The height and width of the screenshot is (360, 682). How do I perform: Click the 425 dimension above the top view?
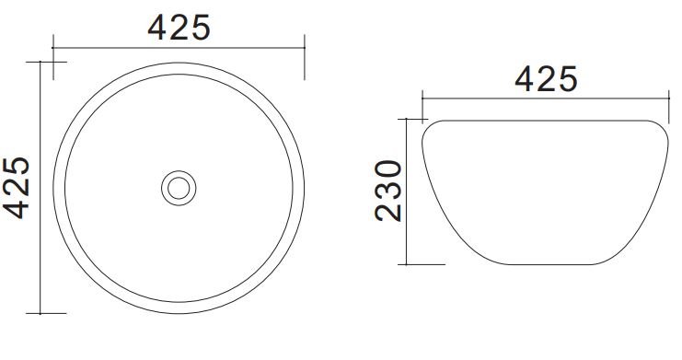[x=179, y=28]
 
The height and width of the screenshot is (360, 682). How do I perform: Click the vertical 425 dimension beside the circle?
[x=17, y=188]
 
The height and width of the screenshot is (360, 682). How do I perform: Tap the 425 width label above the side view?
[x=546, y=79]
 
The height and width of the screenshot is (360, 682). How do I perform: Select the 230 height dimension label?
[x=388, y=191]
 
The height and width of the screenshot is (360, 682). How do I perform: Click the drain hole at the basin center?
[x=179, y=188]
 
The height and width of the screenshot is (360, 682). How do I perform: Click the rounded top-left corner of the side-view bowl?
[x=428, y=128]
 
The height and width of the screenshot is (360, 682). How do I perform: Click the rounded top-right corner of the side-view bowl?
[x=662, y=128]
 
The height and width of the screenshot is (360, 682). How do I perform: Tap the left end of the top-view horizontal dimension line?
[x=53, y=48]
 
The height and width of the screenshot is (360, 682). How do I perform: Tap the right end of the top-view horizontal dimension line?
[x=305, y=48]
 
